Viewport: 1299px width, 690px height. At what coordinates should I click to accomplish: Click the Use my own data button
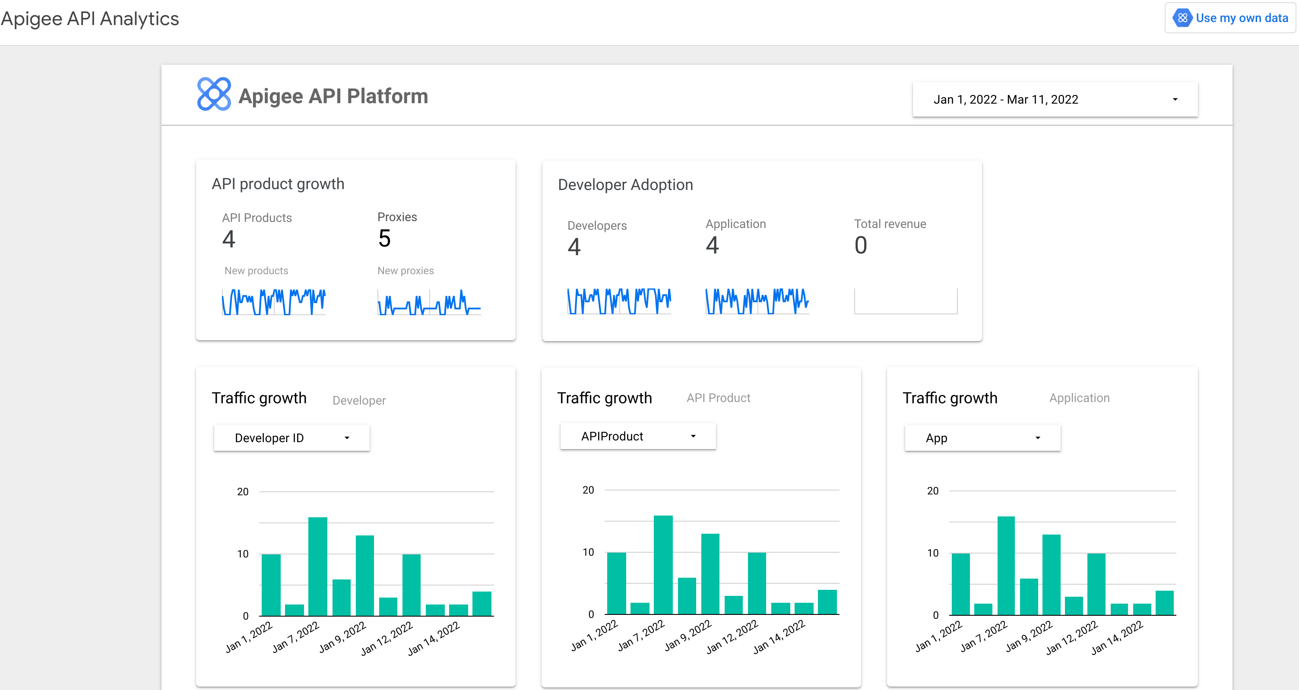click(x=1231, y=18)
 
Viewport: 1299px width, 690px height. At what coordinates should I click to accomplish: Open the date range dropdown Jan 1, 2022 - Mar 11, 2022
click(x=1055, y=99)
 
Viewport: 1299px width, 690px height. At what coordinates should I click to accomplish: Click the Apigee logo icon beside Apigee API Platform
click(x=214, y=94)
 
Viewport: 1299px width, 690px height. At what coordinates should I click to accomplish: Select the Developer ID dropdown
click(x=291, y=438)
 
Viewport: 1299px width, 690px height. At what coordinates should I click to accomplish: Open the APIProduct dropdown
click(x=637, y=436)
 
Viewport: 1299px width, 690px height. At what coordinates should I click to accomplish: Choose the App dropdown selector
click(x=982, y=438)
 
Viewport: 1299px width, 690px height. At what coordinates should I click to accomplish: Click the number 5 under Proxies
click(x=384, y=239)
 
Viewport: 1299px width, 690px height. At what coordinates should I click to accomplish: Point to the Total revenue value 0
click(x=860, y=246)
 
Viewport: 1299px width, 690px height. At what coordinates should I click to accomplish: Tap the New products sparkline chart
click(x=274, y=302)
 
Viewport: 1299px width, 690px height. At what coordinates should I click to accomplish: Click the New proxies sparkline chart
click(x=429, y=302)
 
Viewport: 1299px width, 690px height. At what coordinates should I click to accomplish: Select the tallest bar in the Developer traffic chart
click(x=318, y=566)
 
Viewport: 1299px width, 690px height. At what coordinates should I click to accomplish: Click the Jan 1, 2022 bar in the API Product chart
click(x=616, y=583)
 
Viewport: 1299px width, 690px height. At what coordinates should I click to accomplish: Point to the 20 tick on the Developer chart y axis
click(x=243, y=492)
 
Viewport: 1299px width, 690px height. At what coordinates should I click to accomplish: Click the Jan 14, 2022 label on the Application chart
click(x=1118, y=638)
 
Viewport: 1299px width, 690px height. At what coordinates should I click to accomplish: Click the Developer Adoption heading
click(x=625, y=185)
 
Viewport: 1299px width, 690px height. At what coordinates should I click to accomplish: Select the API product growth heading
click(x=278, y=184)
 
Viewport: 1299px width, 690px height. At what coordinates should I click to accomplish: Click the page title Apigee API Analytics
click(x=90, y=19)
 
